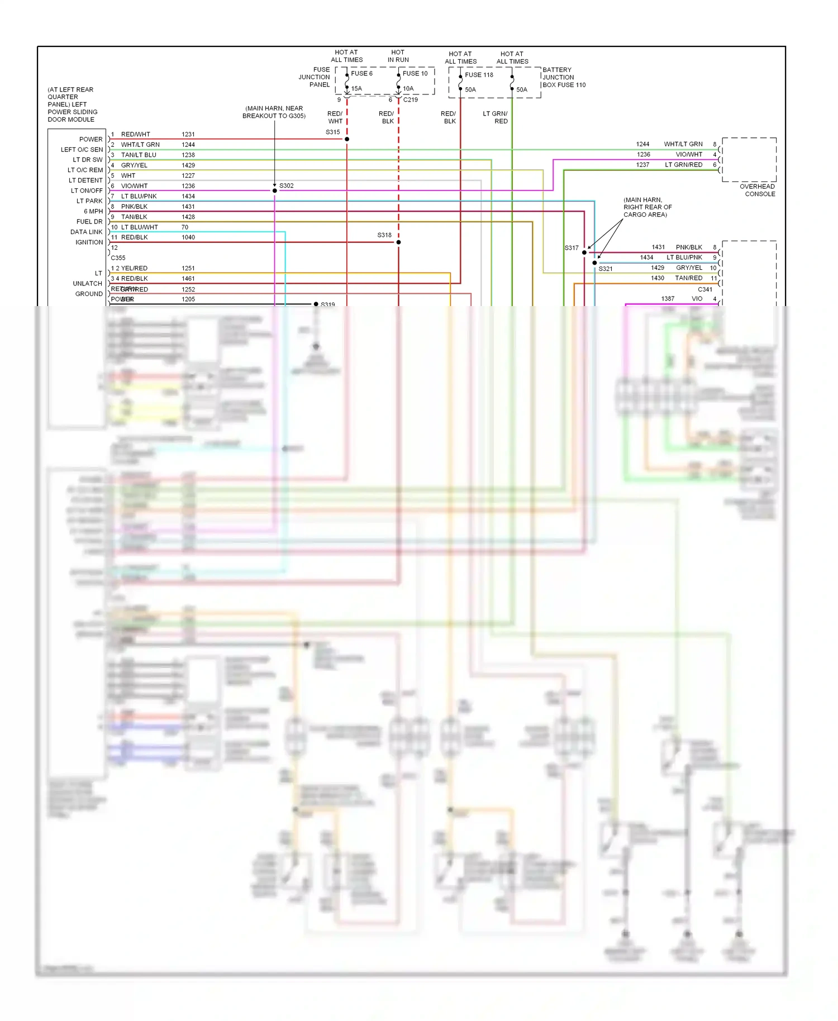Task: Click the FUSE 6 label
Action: coord(361,73)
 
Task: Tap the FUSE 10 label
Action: coord(415,73)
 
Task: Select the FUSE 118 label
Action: coord(479,74)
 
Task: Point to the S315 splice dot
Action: coord(347,139)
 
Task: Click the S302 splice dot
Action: coord(275,190)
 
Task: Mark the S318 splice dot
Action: coord(398,242)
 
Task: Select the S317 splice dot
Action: coord(584,252)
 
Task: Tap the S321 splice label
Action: coord(606,269)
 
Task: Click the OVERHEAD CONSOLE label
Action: coord(759,190)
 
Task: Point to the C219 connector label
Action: coord(411,99)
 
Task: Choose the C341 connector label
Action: coord(705,289)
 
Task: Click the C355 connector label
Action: coord(118,258)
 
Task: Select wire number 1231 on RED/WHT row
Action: coord(188,134)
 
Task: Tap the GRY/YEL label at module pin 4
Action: coord(134,165)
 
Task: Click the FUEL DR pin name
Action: coord(89,222)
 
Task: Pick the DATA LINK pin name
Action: coord(86,232)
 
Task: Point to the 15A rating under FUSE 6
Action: coord(356,88)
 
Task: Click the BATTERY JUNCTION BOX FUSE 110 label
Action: coord(564,78)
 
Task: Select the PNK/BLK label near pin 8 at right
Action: coord(689,247)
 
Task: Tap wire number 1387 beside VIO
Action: coord(668,299)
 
